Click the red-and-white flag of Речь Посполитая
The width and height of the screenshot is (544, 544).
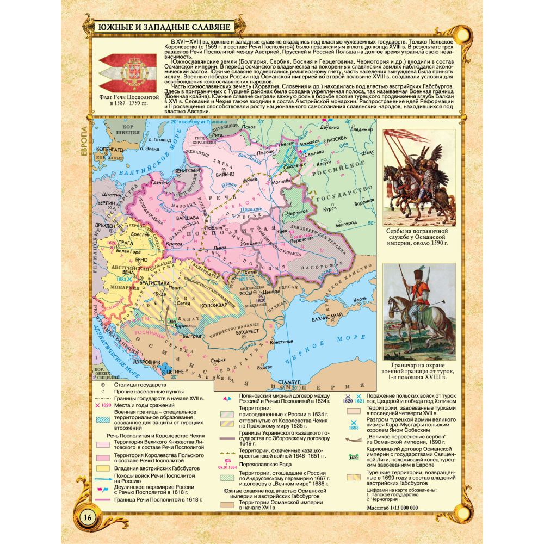pyautogui.click(x=128, y=70)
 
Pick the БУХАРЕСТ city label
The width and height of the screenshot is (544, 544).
pyautogui.click(x=250, y=330)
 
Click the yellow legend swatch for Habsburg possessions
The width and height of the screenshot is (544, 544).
pyautogui.click(x=103, y=468)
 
